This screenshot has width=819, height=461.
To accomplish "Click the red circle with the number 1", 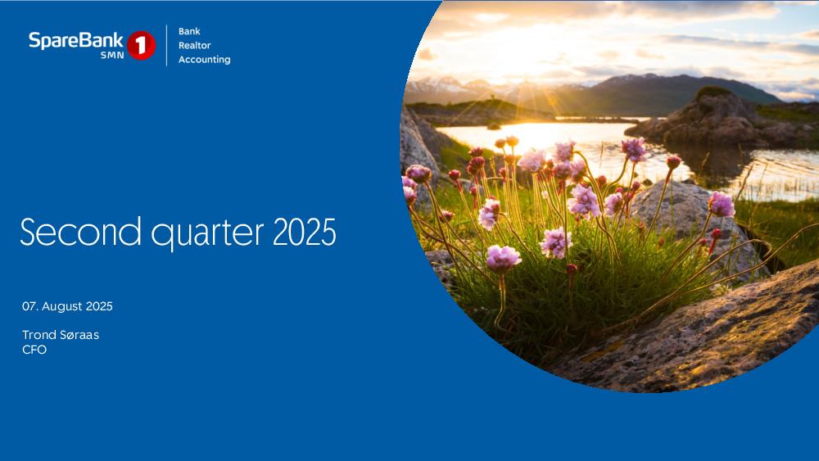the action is click(x=141, y=45).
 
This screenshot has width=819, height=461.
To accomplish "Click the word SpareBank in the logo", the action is click(x=75, y=41).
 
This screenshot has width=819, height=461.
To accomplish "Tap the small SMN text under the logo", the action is click(x=112, y=55).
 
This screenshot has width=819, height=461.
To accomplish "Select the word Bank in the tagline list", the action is click(x=189, y=31).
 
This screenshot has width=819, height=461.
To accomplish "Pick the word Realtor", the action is click(x=194, y=45).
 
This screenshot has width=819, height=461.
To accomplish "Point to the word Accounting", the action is click(x=204, y=60).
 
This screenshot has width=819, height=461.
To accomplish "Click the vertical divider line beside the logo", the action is click(x=166, y=45).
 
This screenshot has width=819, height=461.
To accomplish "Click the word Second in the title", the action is click(x=80, y=231).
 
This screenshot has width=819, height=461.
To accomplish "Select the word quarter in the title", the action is click(x=207, y=233).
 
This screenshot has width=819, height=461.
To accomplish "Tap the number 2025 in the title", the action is click(x=305, y=232).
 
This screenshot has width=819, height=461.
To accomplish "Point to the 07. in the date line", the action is click(x=29, y=306).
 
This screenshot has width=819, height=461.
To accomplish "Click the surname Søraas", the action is click(x=79, y=335).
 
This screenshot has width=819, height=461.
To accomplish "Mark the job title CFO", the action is click(x=34, y=350).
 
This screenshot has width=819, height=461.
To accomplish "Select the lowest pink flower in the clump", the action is click(x=503, y=257).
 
